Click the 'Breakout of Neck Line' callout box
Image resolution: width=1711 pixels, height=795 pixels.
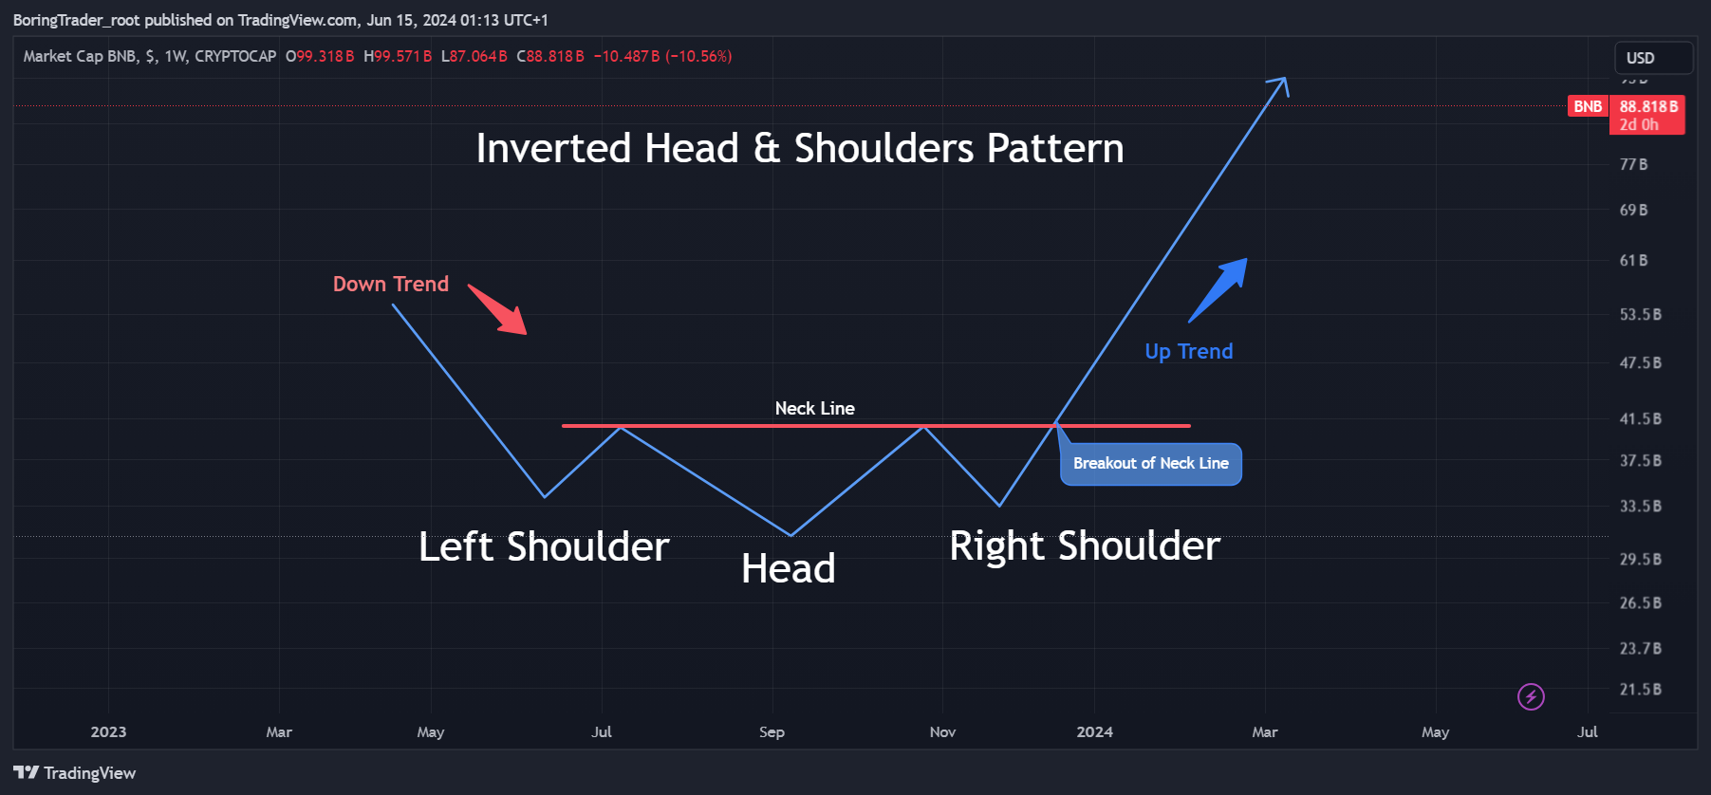tap(1150, 464)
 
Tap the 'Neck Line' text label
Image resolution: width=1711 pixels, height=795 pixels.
tap(814, 408)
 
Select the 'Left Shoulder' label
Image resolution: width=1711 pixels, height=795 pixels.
tap(544, 546)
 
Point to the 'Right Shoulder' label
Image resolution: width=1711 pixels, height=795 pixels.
tap(1085, 545)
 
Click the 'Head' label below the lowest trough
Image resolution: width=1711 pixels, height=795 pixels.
tap(788, 569)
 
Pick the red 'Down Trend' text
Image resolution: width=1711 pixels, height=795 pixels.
tap(390, 284)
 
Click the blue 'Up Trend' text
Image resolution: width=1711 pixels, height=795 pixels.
tap(1188, 351)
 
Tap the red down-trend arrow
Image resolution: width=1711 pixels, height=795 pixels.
tap(497, 309)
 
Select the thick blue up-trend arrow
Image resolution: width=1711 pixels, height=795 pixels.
tap(1218, 289)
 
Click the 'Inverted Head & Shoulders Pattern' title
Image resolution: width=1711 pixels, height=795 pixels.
tap(799, 148)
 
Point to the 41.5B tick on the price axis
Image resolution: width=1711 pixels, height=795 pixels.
tap(1640, 418)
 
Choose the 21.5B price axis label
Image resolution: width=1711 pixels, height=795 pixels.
tap(1640, 690)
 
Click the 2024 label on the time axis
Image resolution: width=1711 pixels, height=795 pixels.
tap(1094, 731)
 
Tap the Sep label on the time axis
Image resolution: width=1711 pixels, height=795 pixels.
tap(772, 731)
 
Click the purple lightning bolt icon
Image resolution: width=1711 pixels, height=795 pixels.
tap(1531, 696)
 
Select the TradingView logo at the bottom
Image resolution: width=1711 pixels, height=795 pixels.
tap(75, 773)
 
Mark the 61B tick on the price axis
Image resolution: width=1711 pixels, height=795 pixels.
tap(1633, 260)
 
